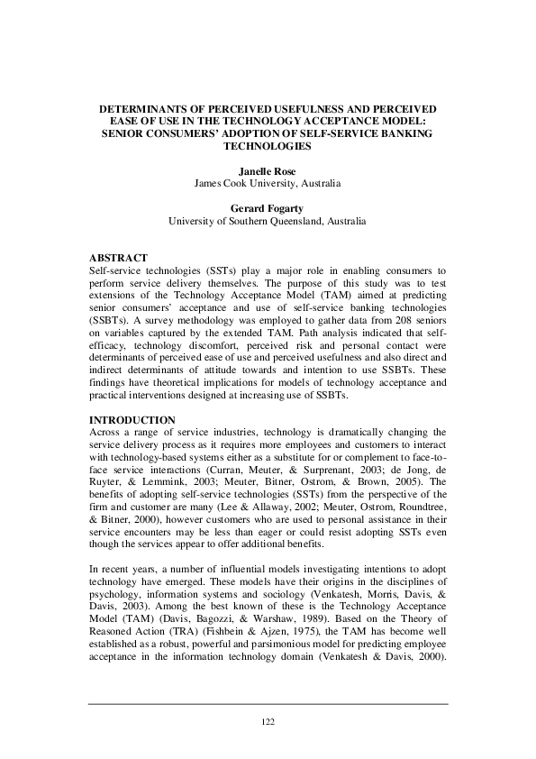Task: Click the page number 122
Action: [268, 721]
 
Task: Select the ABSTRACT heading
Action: [122, 258]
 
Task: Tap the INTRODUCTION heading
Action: [133, 420]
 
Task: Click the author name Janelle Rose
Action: [268, 169]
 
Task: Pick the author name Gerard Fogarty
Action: [268, 208]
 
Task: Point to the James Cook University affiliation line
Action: [268, 183]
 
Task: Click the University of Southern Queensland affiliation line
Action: [268, 221]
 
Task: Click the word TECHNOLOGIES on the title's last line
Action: [268, 145]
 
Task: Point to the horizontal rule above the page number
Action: [268, 704]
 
